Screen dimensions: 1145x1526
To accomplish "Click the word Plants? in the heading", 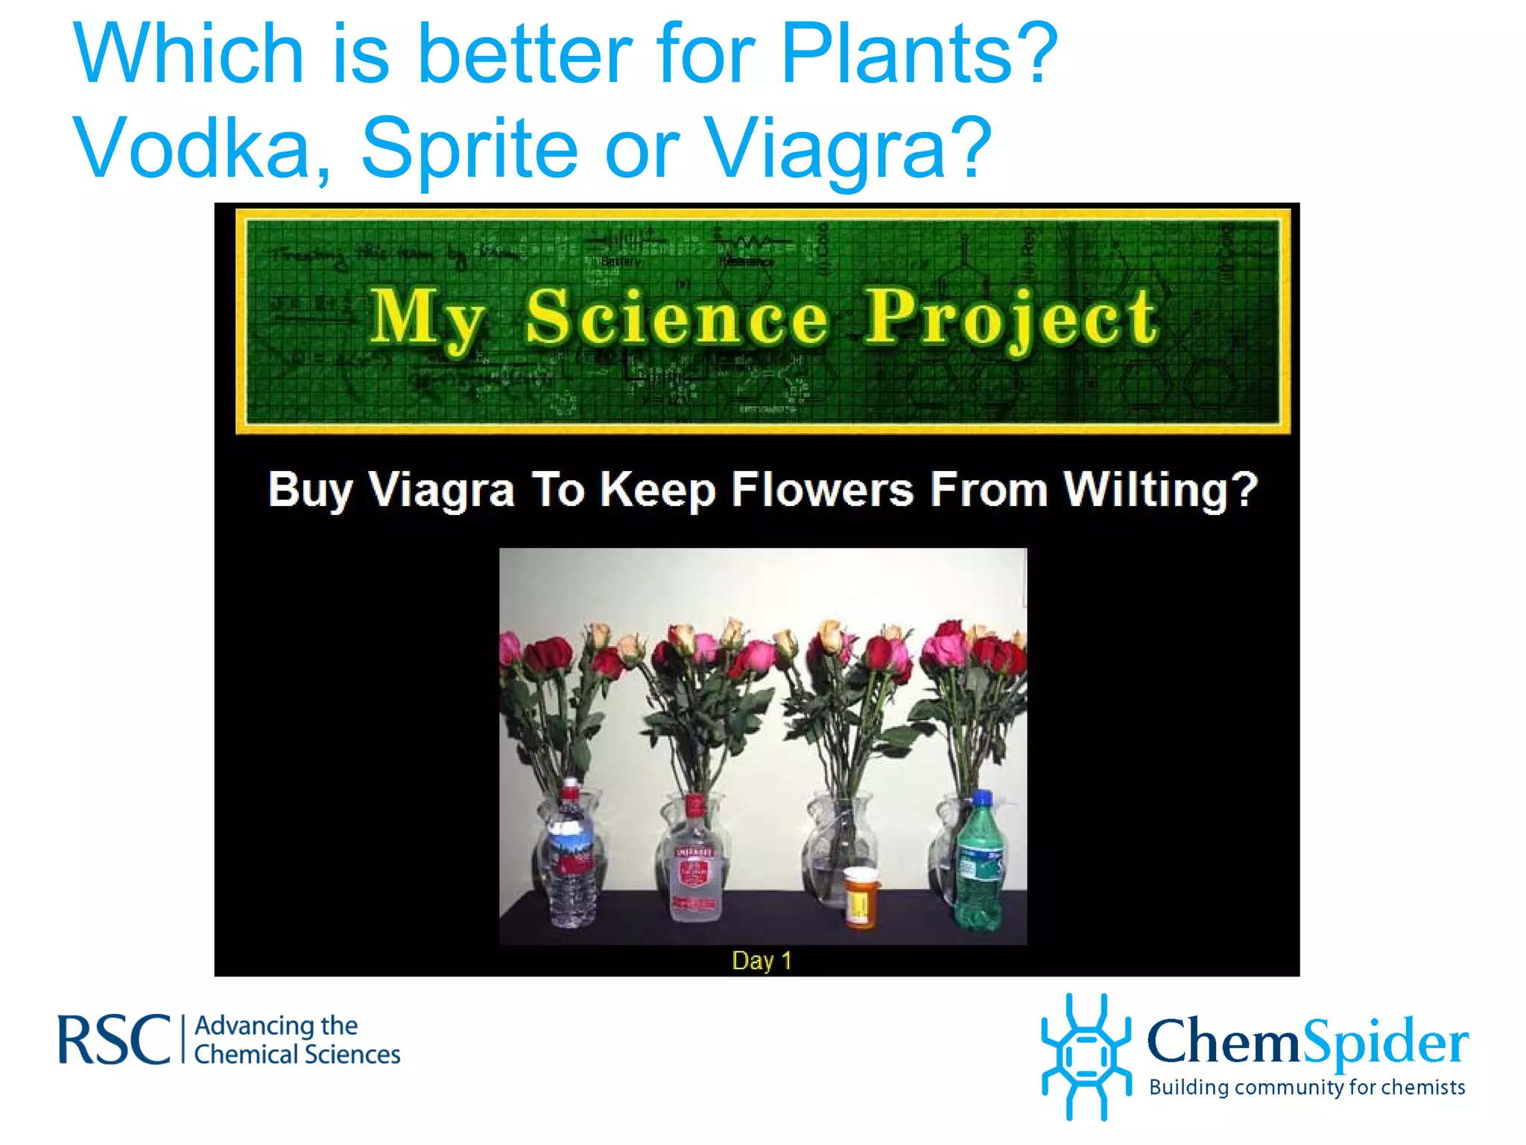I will [918, 54].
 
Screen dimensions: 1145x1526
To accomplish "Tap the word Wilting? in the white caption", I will [1160, 490].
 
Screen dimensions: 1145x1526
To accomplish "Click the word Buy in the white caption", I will [309, 491].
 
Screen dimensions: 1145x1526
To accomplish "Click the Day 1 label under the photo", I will [762, 961].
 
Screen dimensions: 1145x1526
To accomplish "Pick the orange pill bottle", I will [861, 898].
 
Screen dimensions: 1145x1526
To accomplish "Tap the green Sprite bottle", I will [980, 865].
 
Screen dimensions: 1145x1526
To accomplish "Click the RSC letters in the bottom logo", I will [114, 1039].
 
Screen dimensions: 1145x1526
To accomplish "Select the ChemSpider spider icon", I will [1086, 1056].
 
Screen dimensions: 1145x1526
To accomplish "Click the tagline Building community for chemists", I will [1307, 1088].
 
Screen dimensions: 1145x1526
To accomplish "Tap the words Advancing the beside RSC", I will [276, 1026].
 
